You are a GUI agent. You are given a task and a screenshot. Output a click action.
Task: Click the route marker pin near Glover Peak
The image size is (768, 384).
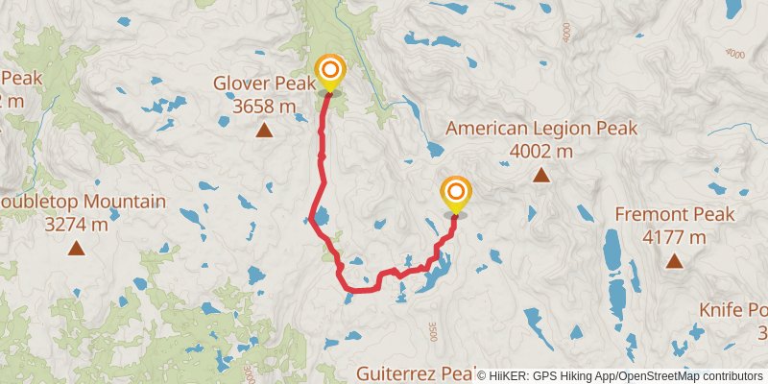tap(330, 72)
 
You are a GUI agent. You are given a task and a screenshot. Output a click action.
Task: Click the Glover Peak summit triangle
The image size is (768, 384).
tap(263, 130)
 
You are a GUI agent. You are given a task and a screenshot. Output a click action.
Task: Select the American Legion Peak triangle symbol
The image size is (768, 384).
tap(541, 175)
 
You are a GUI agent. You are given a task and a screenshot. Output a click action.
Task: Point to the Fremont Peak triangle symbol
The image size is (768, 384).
tap(675, 260)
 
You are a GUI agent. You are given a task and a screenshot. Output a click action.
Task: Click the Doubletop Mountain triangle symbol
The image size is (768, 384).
tap(75, 250)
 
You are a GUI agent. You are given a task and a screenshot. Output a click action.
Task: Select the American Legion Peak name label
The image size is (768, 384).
tap(541, 129)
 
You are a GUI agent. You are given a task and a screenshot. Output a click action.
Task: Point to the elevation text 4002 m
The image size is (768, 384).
tap(541, 151)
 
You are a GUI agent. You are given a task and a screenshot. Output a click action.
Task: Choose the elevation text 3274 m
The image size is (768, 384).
tap(75, 225)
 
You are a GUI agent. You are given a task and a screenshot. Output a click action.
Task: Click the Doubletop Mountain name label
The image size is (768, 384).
tap(83, 203)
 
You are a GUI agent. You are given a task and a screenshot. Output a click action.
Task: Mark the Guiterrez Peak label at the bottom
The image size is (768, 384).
tap(413, 372)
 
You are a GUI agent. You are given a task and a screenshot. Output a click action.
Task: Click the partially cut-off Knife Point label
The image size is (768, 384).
tap(733, 310)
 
